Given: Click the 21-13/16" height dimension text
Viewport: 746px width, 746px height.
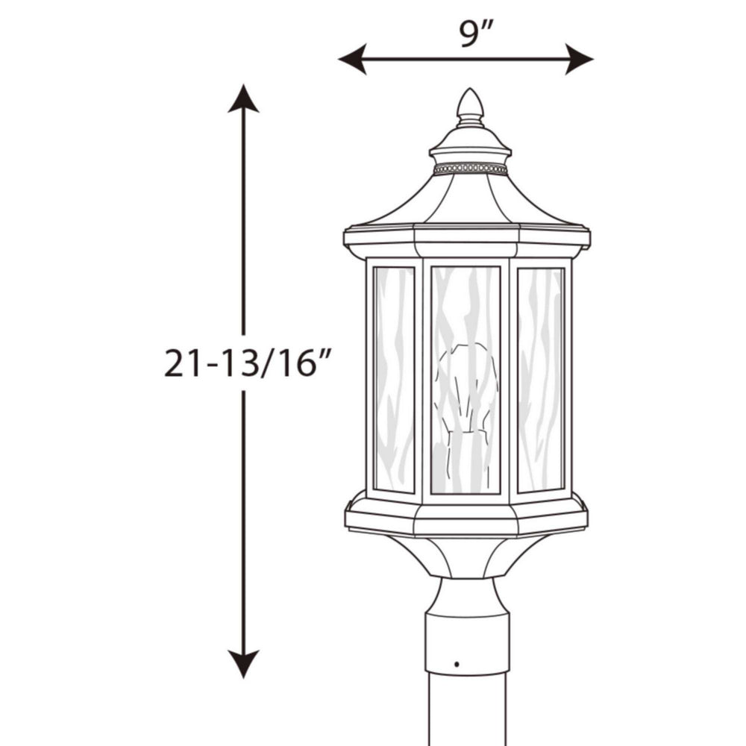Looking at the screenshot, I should click(x=247, y=363).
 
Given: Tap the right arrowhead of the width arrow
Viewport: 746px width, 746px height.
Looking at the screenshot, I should click(x=580, y=59).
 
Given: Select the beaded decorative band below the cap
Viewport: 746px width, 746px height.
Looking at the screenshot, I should click(x=470, y=169).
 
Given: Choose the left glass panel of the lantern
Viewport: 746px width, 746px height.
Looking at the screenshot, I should click(x=393, y=379).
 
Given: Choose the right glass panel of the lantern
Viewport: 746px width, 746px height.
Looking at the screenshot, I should click(x=540, y=379).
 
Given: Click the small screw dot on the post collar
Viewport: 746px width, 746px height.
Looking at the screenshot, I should click(x=456, y=663).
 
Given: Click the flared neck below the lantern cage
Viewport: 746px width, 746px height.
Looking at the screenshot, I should click(x=468, y=556).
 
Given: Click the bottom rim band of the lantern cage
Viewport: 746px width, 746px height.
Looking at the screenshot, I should click(x=466, y=516).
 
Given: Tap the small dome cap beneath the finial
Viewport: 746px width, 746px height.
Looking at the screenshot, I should click(x=470, y=140).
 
